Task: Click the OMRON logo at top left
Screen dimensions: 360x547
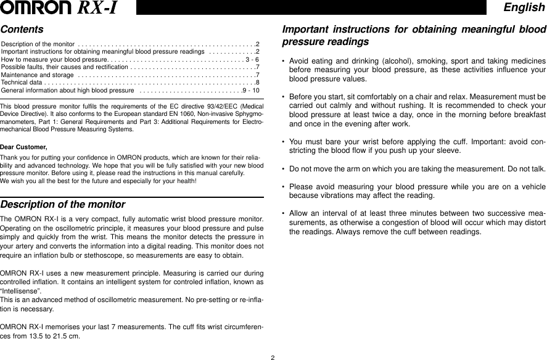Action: point(37,8)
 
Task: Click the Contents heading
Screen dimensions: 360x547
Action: point(22,30)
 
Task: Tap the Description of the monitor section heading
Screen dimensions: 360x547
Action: point(63,205)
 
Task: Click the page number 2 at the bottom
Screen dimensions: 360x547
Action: point(273,356)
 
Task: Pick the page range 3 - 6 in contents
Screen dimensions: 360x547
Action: point(252,60)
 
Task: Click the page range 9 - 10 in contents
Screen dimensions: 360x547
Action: point(252,90)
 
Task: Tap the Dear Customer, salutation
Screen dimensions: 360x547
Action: point(23,147)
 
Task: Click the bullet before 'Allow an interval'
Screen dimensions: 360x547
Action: point(282,213)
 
